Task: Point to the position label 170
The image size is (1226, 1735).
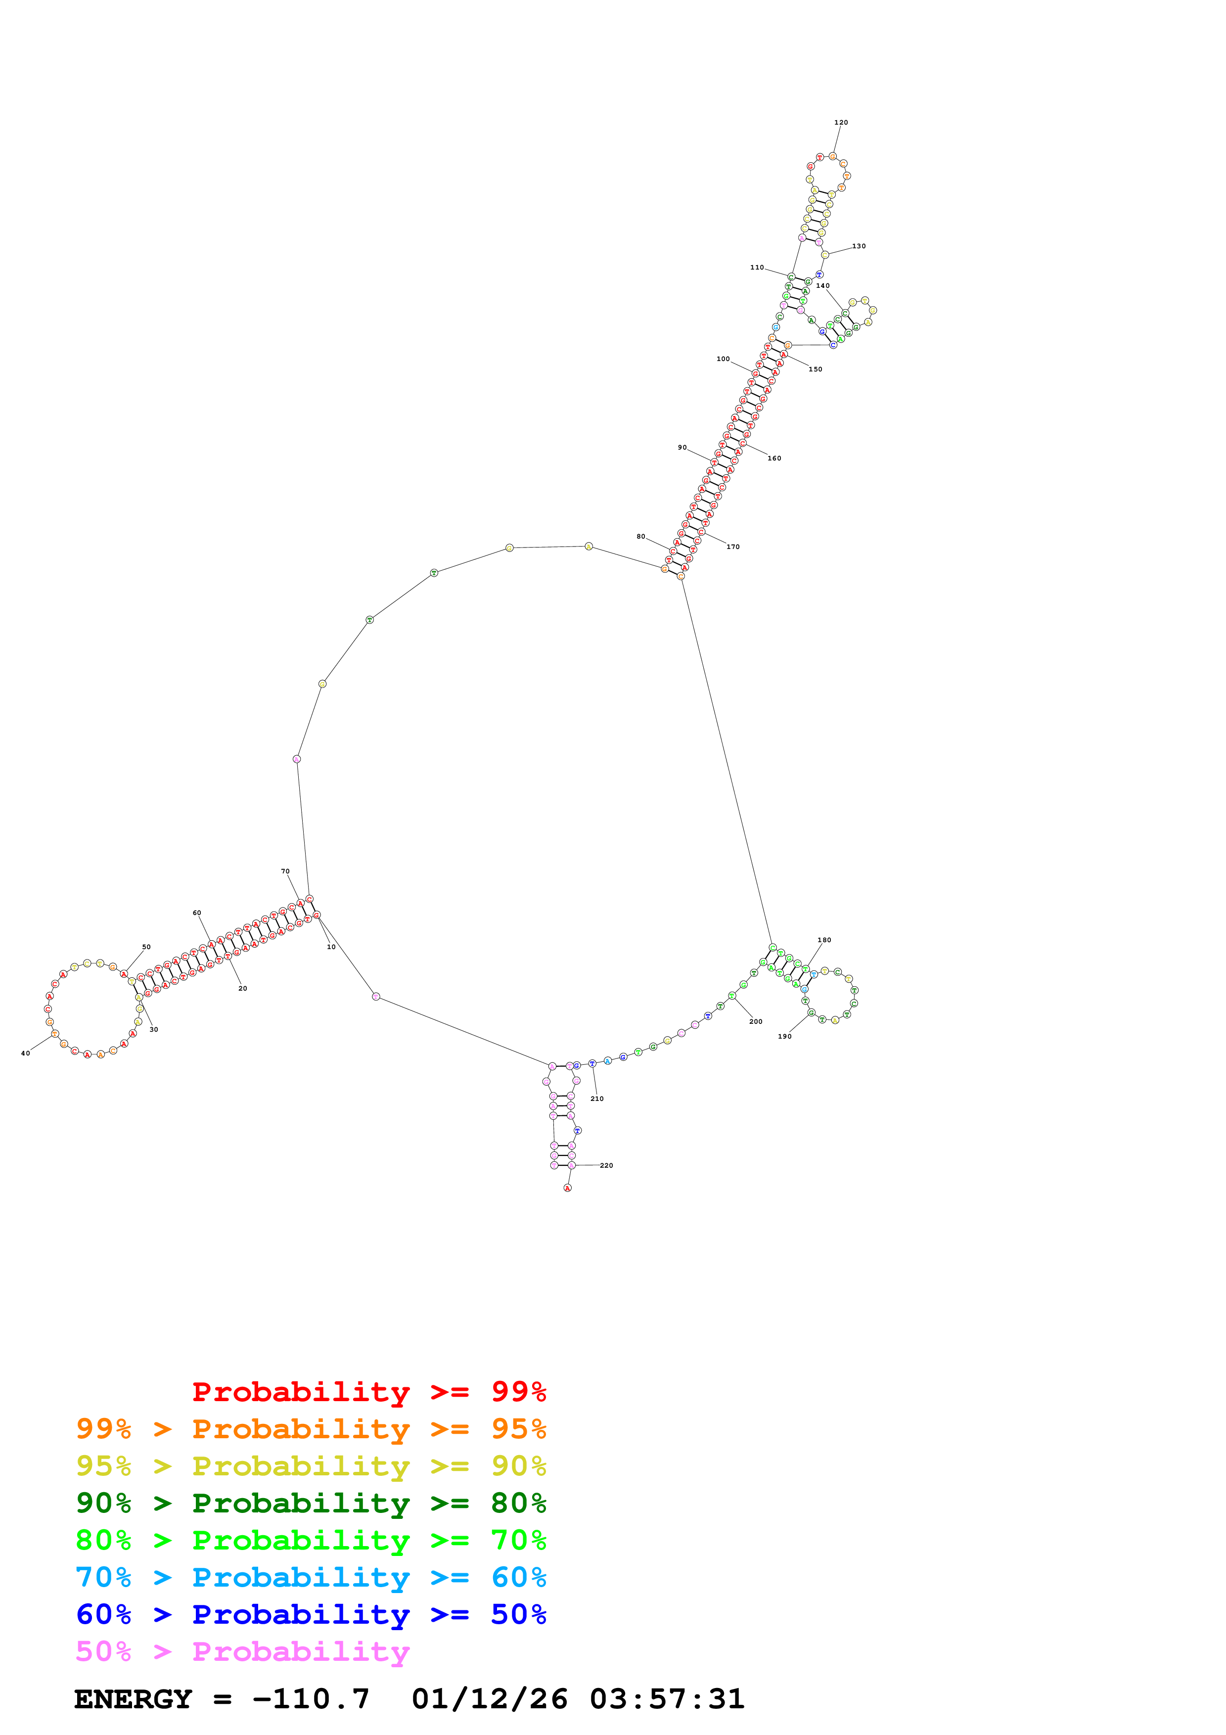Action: [733, 547]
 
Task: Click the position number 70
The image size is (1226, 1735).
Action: [285, 871]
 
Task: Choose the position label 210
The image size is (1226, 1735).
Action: [597, 1099]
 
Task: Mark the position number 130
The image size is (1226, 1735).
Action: [859, 246]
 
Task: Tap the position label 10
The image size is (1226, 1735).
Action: [331, 947]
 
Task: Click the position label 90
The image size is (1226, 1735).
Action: [682, 448]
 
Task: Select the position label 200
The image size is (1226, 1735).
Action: [755, 1022]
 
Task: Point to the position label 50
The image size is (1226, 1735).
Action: [146, 947]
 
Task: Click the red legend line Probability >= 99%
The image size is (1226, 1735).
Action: [368, 1392]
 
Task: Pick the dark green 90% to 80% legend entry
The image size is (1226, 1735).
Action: [311, 1503]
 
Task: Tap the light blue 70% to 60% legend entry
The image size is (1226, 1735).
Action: [311, 1577]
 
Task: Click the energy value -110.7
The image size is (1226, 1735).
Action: [311, 1699]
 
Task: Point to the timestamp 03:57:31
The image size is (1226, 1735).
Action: [667, 1699]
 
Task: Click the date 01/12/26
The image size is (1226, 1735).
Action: [490, 1699]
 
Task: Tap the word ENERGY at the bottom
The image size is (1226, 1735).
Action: [133, 1699]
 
